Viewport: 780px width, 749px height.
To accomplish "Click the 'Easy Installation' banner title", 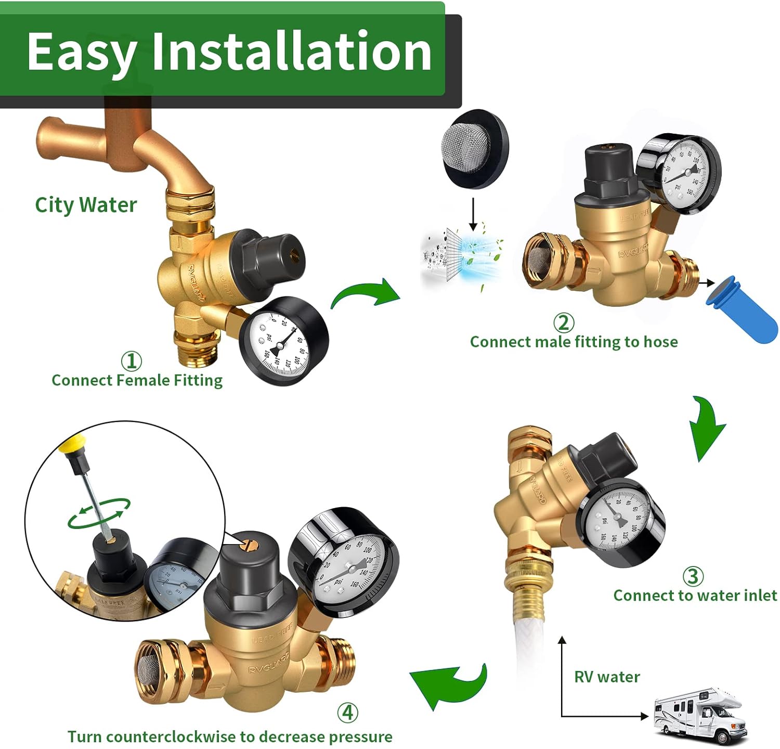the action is [x=229, y=51].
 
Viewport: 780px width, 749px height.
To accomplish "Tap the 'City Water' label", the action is [x=86, y=204].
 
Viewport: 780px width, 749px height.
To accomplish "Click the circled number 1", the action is [x=131, y=360].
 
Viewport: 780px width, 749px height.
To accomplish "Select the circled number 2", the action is [x=563, y=322].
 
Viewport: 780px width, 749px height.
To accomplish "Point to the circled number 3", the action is [x=693, y=576].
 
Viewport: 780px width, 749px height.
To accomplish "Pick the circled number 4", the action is [x=347, y=712].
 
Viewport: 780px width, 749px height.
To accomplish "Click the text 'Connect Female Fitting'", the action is [x=137, y=380].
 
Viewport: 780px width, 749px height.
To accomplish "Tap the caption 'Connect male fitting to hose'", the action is [x=574, y=342].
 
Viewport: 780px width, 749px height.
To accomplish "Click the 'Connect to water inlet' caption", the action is [x=695, y=595].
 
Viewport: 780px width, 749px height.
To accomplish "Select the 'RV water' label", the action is [x=607, y=677].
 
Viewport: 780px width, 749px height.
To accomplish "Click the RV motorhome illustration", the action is [x=699, y=715].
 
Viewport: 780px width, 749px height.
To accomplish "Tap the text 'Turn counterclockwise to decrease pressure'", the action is [x=230, y=737].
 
